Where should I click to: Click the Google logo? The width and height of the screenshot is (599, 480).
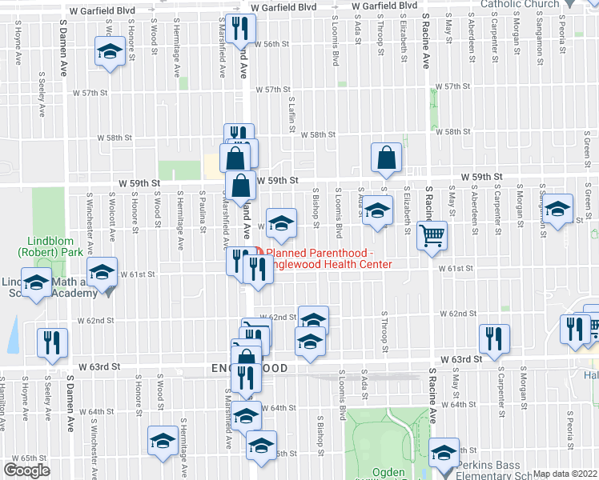[x=26, y=470]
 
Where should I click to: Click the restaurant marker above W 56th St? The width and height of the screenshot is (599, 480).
[x=239, y=30]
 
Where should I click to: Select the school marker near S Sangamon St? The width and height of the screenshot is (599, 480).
[x=558, y=207]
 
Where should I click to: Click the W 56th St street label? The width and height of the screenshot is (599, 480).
[x=271, y=44]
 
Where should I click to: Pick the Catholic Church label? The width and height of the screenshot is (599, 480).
[x=520, y=4]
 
